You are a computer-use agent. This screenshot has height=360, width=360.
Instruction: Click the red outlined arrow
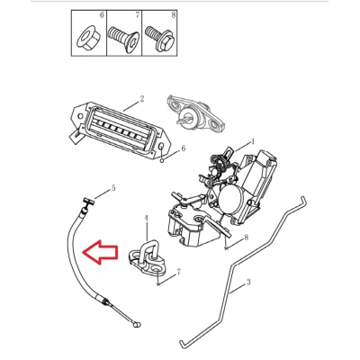(101, 252)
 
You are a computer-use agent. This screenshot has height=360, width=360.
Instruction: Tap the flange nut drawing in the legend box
(87, 40)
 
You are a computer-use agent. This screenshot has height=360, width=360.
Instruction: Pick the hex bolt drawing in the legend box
(160, 39)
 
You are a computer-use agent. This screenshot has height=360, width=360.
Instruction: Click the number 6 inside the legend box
(102, 15)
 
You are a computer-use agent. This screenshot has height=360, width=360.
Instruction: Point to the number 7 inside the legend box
(138, 15)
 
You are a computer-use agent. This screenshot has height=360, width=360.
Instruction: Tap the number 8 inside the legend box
(174, 15)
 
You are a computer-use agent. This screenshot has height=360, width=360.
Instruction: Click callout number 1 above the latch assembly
(253, 141)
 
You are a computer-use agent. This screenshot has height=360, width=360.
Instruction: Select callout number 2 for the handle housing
(142, 98)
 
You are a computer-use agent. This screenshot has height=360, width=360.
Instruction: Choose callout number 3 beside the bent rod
(248, 282)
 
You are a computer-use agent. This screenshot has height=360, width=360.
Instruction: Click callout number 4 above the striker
(147, 218)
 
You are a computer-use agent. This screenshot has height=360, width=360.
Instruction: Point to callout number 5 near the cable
(113, 188)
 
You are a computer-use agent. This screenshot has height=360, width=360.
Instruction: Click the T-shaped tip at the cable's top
(88, 203)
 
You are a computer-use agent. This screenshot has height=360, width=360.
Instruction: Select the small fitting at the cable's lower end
(137, 324)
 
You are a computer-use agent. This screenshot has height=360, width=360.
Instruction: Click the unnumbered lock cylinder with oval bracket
(195, 113)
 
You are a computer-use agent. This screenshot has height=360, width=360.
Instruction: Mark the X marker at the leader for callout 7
(158, 283)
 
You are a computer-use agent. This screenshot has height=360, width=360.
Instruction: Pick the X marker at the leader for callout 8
(227, 247)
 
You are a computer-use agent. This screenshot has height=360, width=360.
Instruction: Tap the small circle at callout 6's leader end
(162, 160)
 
